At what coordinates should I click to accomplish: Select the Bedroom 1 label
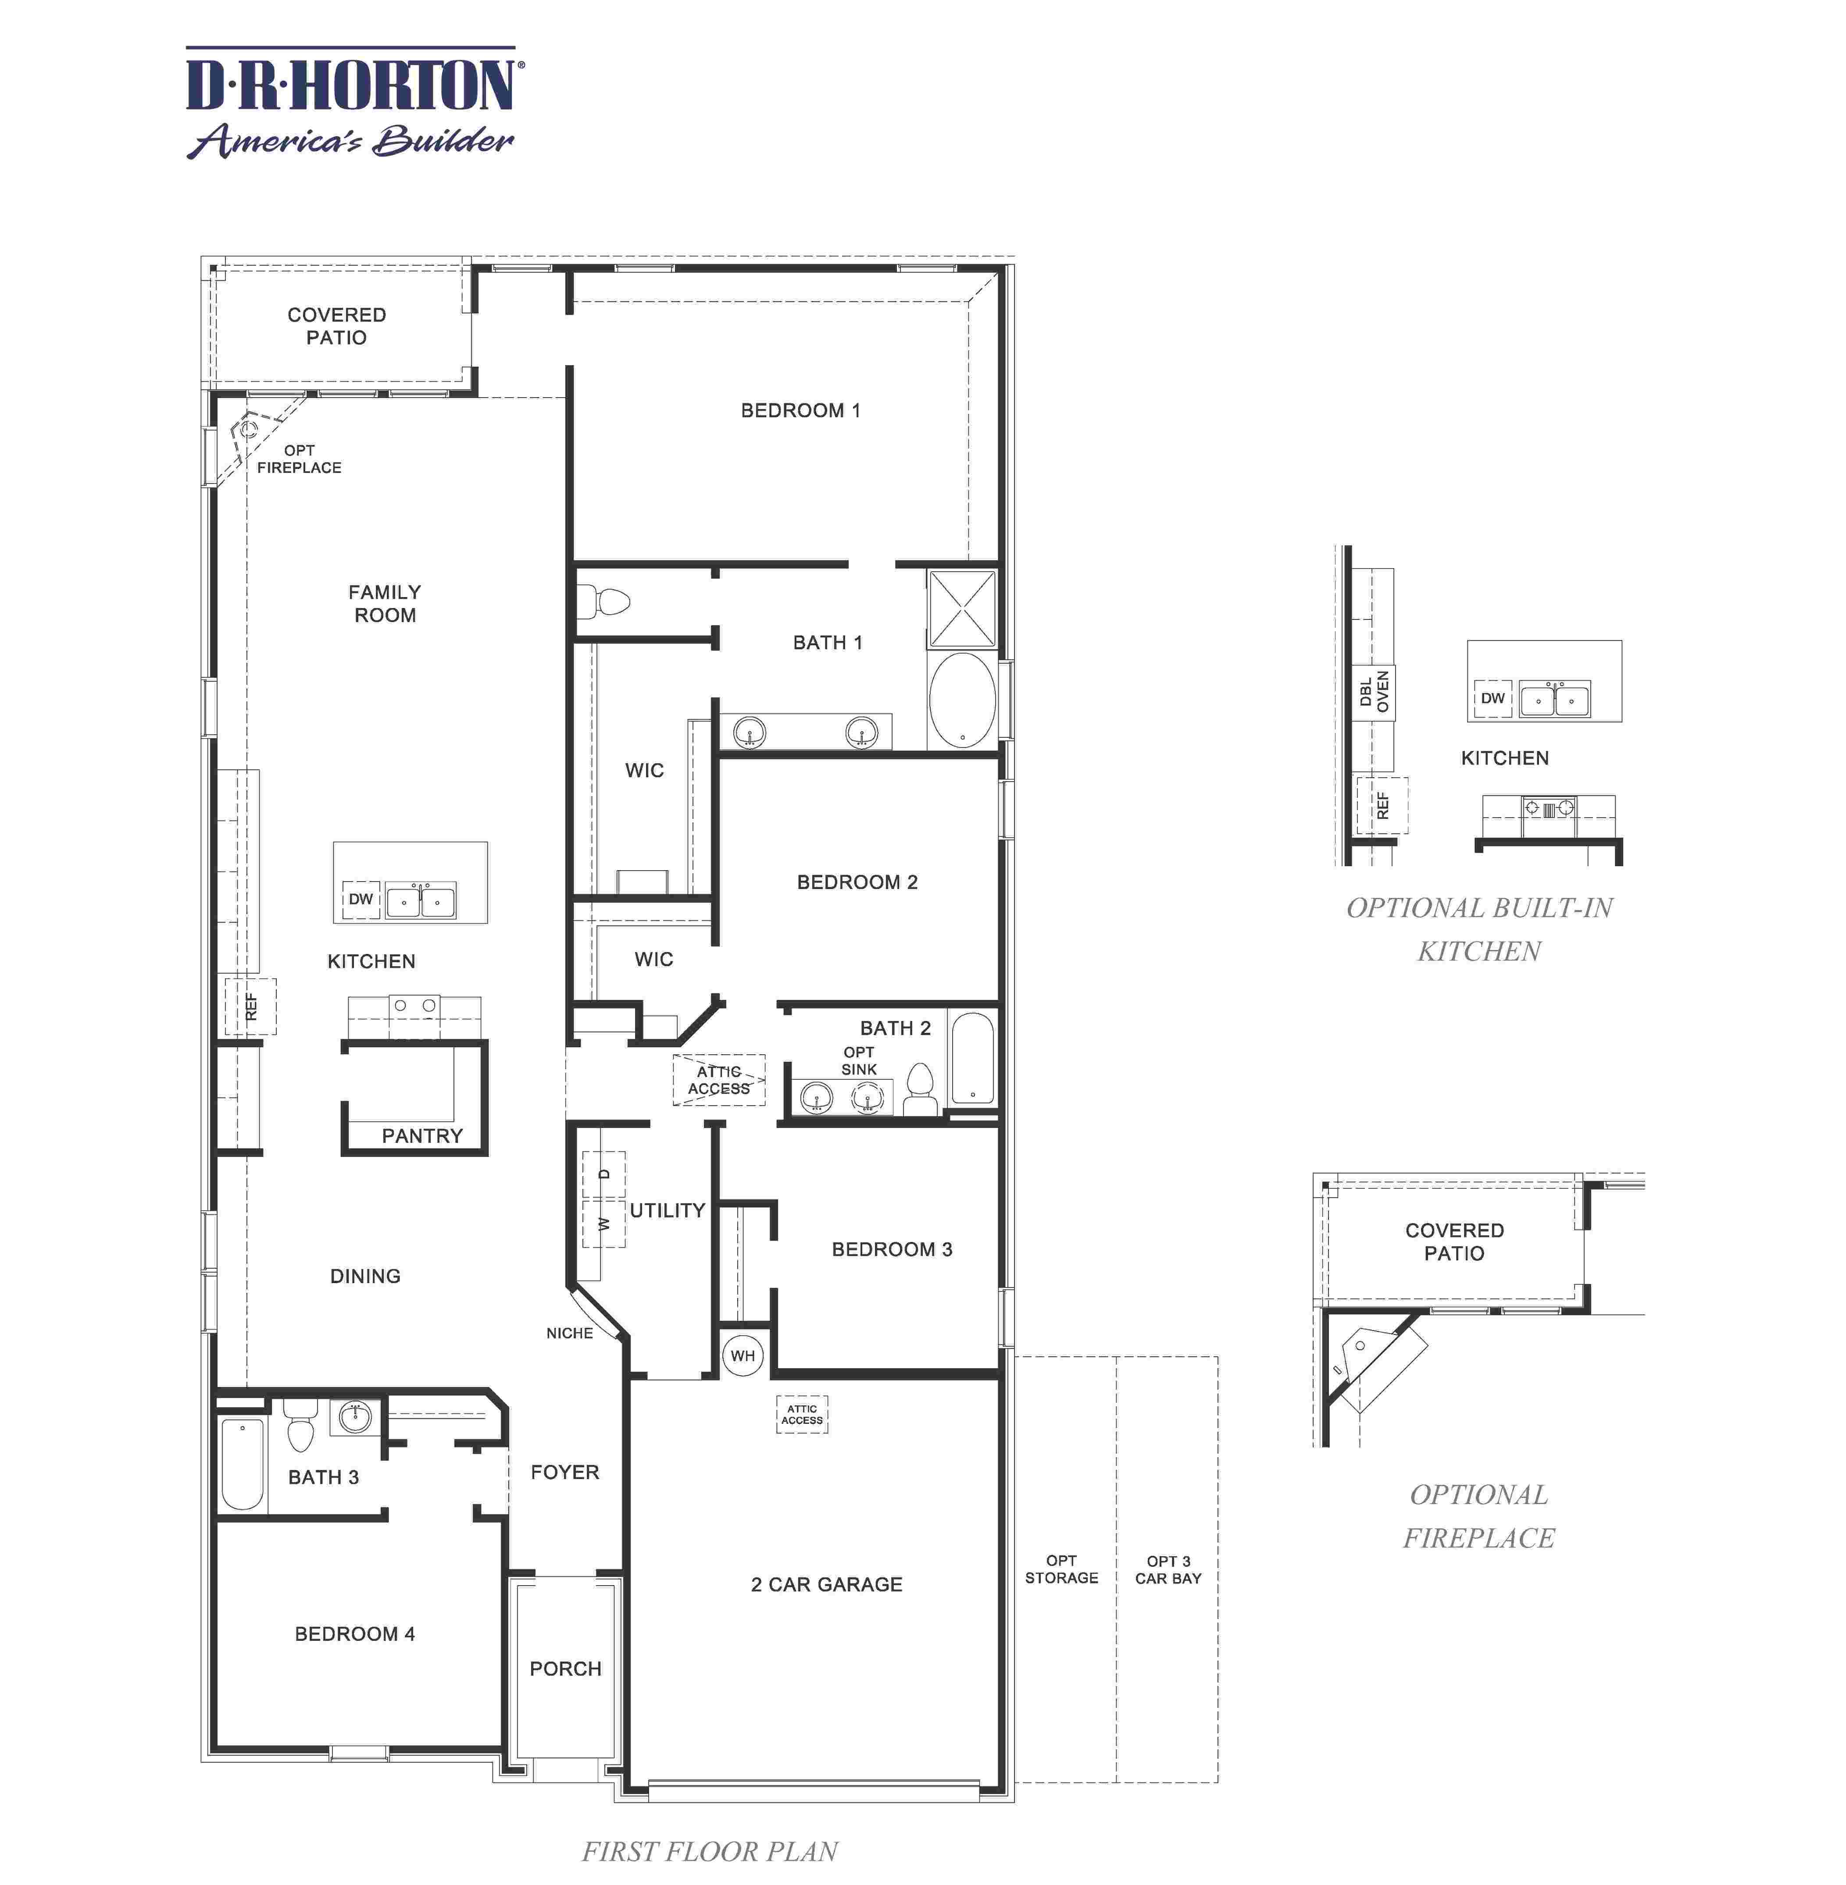(x=800, y=410)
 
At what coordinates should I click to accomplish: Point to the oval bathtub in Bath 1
(x=962, y=700)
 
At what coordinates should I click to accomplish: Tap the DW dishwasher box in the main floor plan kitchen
(x=361, y=898)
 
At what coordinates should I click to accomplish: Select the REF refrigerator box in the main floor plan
(x=251, y=1006)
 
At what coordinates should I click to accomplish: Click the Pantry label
(x=422, y=1135)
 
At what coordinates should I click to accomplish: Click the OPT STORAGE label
(x=1062, y=1569)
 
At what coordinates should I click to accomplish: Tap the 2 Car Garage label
(x=826, y=1583)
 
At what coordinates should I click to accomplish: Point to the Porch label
(x=565, y=1668)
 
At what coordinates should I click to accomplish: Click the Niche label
(x=569, y=1333)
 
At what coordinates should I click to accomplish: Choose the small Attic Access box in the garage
(x=802, y=1414)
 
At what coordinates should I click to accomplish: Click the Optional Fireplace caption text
(x=1478, y=1516)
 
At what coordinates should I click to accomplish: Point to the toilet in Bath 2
(x=919, y=1090)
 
